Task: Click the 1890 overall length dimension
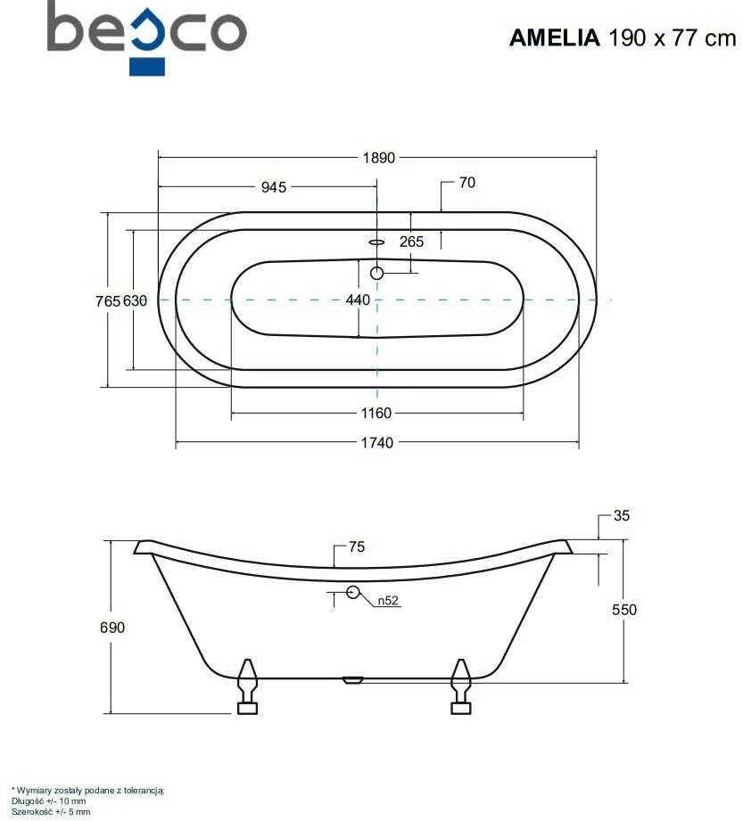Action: coord(378,158)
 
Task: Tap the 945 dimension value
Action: coord(274,187)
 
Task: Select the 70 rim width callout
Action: coord(467,183)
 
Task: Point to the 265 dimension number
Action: coord(411,242)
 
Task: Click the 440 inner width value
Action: coord(358,300)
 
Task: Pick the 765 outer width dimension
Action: coord(108,301)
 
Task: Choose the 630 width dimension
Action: coord(135,301)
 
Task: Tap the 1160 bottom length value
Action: coord(376,413)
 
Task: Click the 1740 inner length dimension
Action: coord(376,443)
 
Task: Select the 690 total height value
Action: coord(112,628)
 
